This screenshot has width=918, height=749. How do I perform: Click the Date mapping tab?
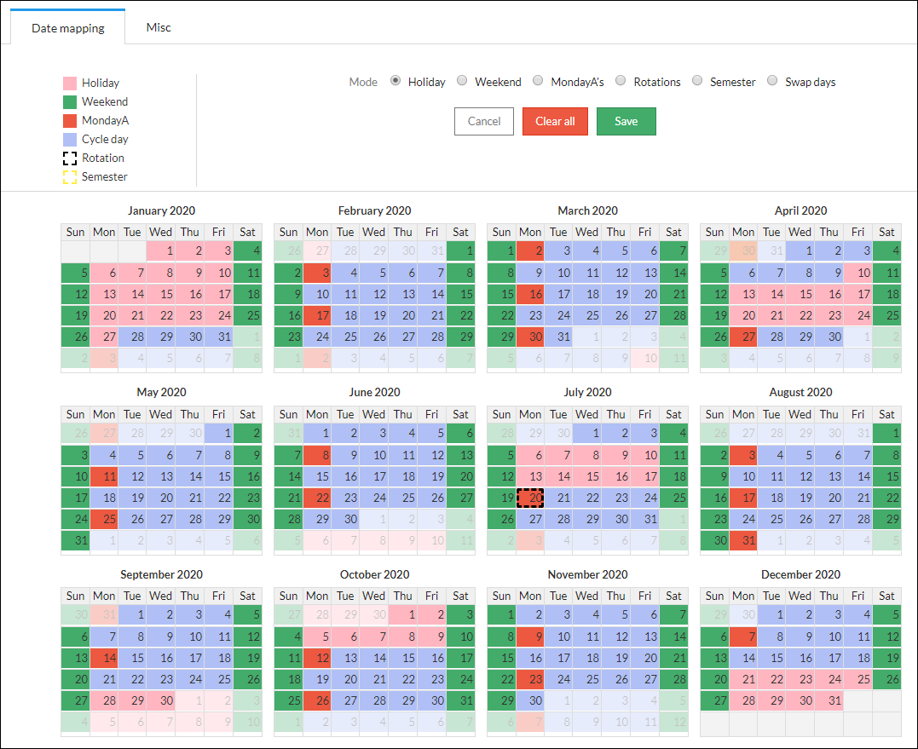(x=68, y=28)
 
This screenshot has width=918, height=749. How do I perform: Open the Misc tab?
(x=159, y=27)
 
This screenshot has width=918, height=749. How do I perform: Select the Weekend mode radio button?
(x=462, y=81)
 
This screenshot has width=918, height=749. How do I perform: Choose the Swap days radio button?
(x=772, y=81)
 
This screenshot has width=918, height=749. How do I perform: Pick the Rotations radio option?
(x=621, y=81)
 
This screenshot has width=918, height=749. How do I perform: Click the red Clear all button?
(x=555, y=121)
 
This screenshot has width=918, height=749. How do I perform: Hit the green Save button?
(x=626, y=121)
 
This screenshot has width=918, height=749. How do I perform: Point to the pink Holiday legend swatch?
(x=70, y=84)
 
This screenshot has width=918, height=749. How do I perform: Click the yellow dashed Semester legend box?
(x=70, y=177)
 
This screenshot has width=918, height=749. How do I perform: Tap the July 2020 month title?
(x=587, y=392)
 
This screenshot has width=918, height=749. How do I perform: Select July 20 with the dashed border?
(x=530, y=498)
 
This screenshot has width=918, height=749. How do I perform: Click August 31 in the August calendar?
(x=743, y=539)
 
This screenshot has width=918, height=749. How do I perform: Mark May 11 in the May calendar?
(x=104, y=476)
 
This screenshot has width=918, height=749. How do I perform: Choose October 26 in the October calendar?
(x=317, y=700)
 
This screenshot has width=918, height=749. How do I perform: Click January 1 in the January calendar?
(x=161, y=251)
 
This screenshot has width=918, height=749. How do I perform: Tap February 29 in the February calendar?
(x=460, y=335)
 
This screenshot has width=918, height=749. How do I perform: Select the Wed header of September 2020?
(x=161, y=596)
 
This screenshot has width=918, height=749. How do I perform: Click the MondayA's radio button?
(x=538, y=81)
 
